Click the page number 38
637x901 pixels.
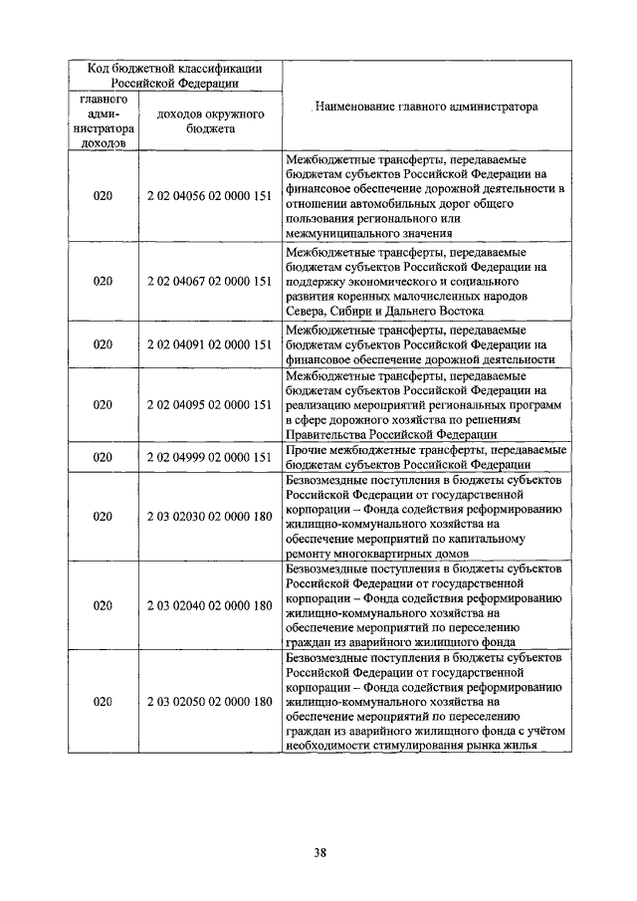click(x=319, y=852)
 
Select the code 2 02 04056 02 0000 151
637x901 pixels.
click(x=209, y=196)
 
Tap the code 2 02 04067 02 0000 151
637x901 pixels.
click(x=209, y=282)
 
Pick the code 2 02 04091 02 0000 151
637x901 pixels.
click(x=209, y=344)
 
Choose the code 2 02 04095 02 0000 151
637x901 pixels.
click(x=209, y=405)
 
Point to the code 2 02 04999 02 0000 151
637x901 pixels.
click(x=209, y=457)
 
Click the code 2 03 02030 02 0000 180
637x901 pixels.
click(x=209, y=517)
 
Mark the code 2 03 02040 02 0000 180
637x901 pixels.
click(x=209, y=605)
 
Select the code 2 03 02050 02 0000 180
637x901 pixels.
click(x=209, y=702)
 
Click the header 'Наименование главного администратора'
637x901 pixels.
click(x=425, y=106)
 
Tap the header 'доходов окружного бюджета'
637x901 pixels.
click(x=209, y=121)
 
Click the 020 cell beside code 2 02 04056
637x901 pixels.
click(x=104, y=196)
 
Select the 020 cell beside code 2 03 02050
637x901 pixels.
click(x=104, y=702)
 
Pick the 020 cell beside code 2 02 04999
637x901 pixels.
click(x=104, y=457)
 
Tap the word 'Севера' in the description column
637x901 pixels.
click(x=306, y=312)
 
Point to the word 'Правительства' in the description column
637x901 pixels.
click(x=327, y=434)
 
